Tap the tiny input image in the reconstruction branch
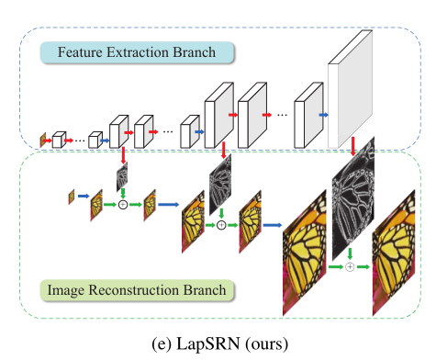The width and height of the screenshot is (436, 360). point(72,196)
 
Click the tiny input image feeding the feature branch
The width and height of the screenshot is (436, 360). point(42,141)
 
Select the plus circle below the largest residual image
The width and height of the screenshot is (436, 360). point(351,266)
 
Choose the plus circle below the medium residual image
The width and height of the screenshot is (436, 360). point(221,224)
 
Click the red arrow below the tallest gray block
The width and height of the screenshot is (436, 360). point(352,145)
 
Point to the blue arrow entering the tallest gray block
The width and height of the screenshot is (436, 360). point(322,116)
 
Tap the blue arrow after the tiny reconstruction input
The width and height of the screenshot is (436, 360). point(83,196)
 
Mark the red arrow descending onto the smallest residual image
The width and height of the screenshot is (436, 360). point(121,152)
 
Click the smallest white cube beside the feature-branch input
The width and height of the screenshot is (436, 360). point(58,141)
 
